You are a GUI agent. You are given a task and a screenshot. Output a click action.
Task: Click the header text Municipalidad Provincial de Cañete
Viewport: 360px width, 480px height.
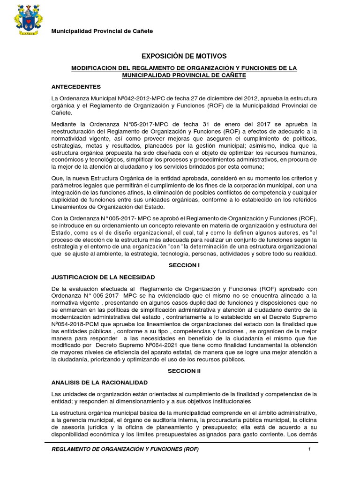(x=102, y=31)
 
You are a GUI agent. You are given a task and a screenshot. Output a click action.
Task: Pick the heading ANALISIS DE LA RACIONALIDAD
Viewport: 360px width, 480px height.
(x=99, y=382)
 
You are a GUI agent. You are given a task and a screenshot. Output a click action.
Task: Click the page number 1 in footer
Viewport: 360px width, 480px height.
(x=309, y=450)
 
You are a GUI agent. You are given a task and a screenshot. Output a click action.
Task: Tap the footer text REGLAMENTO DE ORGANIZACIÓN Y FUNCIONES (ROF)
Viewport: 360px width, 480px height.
(x=125, y=450)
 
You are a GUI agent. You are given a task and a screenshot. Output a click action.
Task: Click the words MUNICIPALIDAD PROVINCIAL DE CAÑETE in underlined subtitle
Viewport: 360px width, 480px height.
(x=184, y=75)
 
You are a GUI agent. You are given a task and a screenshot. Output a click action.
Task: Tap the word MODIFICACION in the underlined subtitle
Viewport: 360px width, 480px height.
(x=94, y=68)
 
